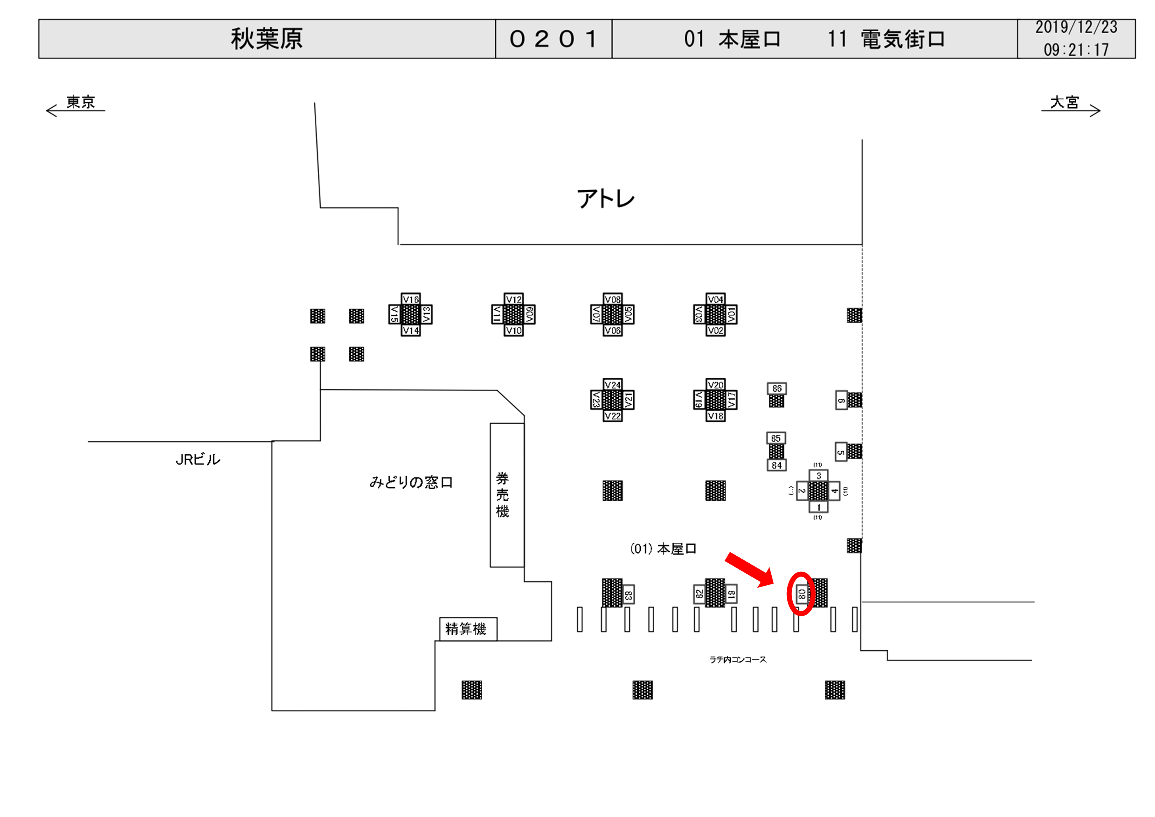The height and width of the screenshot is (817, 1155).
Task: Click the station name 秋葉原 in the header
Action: click(267, 39)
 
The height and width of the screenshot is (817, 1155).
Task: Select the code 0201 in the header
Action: click(553, 39)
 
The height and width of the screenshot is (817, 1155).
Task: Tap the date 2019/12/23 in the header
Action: click(1076, 27)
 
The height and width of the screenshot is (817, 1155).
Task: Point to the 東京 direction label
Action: click(80, 102)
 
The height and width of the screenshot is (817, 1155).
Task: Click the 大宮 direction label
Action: click(1065, 102)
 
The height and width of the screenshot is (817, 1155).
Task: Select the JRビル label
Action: click(198, 459)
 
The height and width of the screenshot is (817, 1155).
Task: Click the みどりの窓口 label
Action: click(411, 483)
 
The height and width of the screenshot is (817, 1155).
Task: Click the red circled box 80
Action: click(802, 594)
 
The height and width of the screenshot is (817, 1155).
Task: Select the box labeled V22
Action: click(612, 416)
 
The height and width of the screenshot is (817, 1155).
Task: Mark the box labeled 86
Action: click(777, 388)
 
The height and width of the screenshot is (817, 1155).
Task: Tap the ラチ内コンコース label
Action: click(738, 660)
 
